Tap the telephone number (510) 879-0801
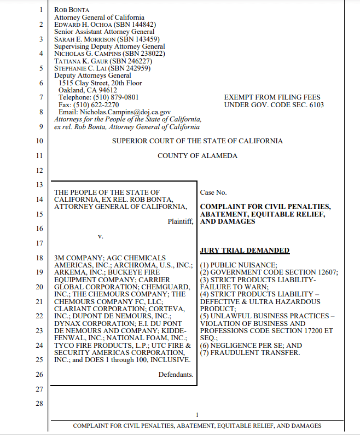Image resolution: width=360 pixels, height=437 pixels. tap(114, 97)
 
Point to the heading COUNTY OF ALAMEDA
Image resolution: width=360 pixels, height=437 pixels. tap(198, 156)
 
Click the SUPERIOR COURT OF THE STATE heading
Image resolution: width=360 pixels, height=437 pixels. tap(198, 141)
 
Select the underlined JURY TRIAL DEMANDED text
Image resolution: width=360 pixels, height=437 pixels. tap(245, 250)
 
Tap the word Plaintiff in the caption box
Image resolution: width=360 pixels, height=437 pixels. tap(181, 222)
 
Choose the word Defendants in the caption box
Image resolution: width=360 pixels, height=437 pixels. tap(176, 375)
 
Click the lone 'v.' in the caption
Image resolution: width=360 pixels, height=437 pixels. tap(100, 236)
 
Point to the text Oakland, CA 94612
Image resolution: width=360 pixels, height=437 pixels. tap(88, 90)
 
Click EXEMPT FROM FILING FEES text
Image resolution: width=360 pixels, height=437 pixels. tap(272, 97)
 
